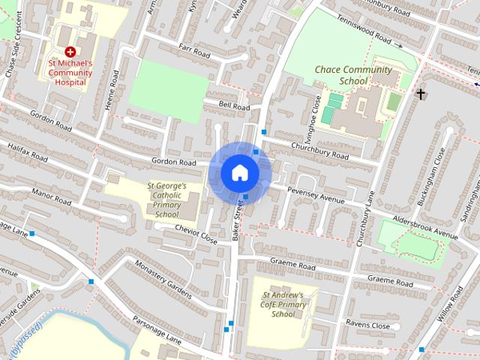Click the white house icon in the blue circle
tap(239, 172)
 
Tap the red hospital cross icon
tap(70, 52)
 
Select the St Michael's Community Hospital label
tap(70, 73)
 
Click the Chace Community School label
tap(343, 75)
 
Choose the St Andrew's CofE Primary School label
tap(283, 304)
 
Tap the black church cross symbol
tap(421, 94)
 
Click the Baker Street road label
tap(238, 220)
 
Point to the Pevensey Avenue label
tap(316, 196)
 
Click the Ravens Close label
tap(367, 325)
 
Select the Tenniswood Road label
tap(364, 29)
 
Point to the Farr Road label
tap(193, 51)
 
